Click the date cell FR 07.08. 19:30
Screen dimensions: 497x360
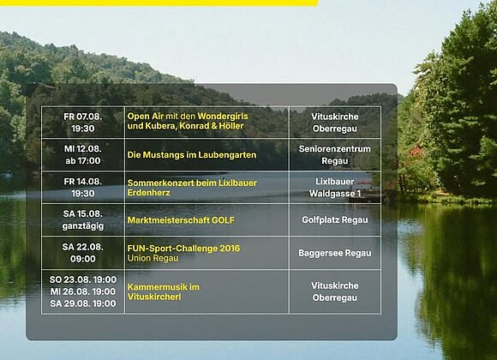tap(83, 123)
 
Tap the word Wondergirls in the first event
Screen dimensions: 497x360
tap(223, 116)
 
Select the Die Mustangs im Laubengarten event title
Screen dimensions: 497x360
tap(192, 155)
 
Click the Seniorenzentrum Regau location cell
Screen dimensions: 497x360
tap(335, 155)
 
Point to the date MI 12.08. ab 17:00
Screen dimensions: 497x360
tap(83, 155)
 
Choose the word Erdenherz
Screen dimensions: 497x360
tap(148, 193)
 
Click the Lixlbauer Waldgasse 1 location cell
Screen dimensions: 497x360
tap(335, 188)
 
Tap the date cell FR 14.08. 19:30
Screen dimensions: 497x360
tap(83, 188)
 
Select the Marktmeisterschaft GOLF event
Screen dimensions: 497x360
tap(181, 220)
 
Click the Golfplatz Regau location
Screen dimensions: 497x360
tap(335, 220)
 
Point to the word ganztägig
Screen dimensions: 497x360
tap(83, 226)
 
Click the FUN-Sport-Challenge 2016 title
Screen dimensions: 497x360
tap(183, 249)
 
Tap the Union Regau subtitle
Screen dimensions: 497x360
tap(153, 258)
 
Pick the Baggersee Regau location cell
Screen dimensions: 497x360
tap(335, 253)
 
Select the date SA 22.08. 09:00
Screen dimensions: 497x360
tap(83, 253)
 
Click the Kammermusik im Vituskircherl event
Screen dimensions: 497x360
tap(163, 291)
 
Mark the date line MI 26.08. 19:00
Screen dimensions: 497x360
tap(83, 291)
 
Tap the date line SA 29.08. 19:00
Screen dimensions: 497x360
tap(83, 303)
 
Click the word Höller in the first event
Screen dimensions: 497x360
tap(231, 126)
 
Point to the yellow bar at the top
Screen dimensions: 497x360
tap(159, 3)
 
